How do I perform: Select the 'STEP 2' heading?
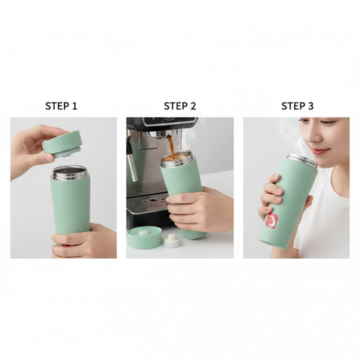coord(179,106)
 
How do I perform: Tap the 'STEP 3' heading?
coord(297,106)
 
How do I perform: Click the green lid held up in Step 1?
coord(62,142)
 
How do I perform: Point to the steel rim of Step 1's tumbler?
coord(69,172)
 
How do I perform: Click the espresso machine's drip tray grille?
coord(144,204)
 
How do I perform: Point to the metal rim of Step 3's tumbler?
coord(301,158)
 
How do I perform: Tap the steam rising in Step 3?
coord(289,135)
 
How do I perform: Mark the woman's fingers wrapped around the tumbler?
coord(273,196)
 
